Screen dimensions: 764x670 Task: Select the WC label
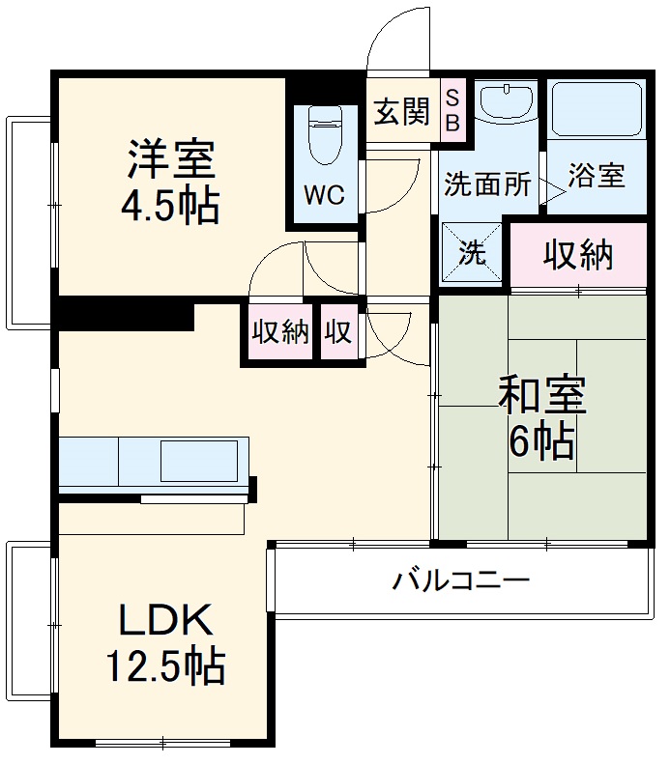(324, 195)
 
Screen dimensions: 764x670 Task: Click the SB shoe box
(452, 109)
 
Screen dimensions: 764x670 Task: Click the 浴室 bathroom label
(596, 176)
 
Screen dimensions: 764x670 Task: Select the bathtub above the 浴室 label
(597, 110)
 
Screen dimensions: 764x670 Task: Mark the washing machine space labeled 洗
(473, 254)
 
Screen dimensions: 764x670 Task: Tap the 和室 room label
(541, 395)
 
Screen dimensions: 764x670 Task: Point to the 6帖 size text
(541, 441)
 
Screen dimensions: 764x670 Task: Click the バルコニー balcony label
(460, 581)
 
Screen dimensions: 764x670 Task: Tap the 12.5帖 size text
(165, 665)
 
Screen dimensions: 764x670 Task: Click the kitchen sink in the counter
(198, 461)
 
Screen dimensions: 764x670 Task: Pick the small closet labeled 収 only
(338, 332)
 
